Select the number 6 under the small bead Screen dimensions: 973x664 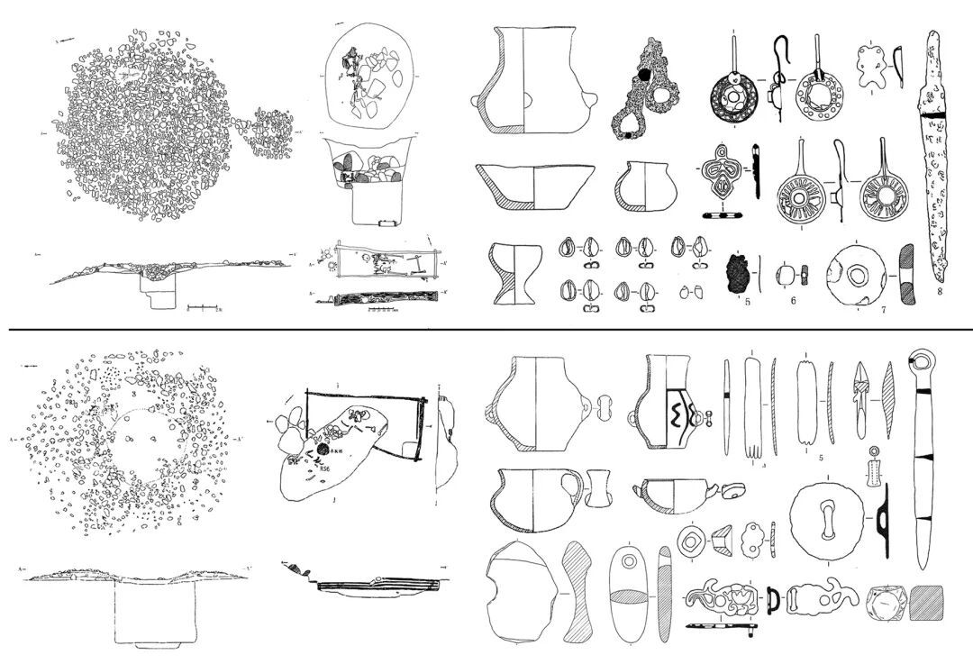[x=794, y=300]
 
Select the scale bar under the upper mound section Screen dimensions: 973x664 [x=206, y=308]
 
